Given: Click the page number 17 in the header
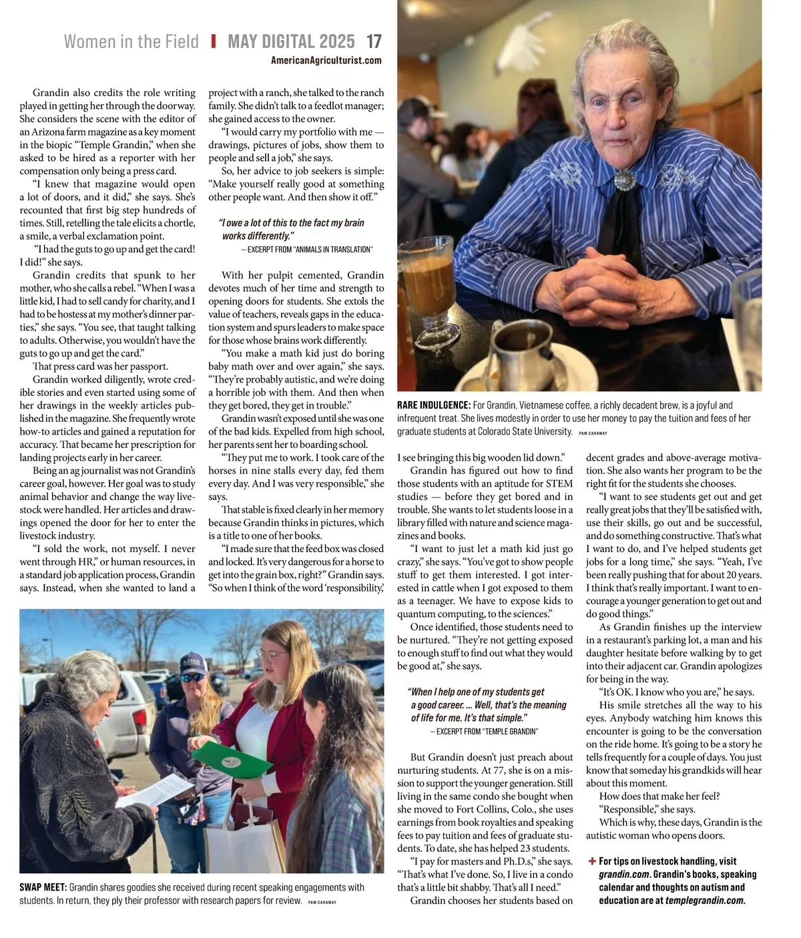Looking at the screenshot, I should coord(374,41).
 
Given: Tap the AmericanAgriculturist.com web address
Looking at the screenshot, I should coord(326,61).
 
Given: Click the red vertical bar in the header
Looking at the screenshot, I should coord(214,41).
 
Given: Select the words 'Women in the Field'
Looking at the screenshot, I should coord(131,41).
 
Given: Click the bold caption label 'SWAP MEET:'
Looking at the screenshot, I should coord(43,887).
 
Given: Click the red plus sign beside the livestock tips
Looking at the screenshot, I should coord(592,861).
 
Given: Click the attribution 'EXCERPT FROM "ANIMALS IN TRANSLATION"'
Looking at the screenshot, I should coord(307,249).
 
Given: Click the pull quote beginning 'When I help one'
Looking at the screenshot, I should coord(487,705).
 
